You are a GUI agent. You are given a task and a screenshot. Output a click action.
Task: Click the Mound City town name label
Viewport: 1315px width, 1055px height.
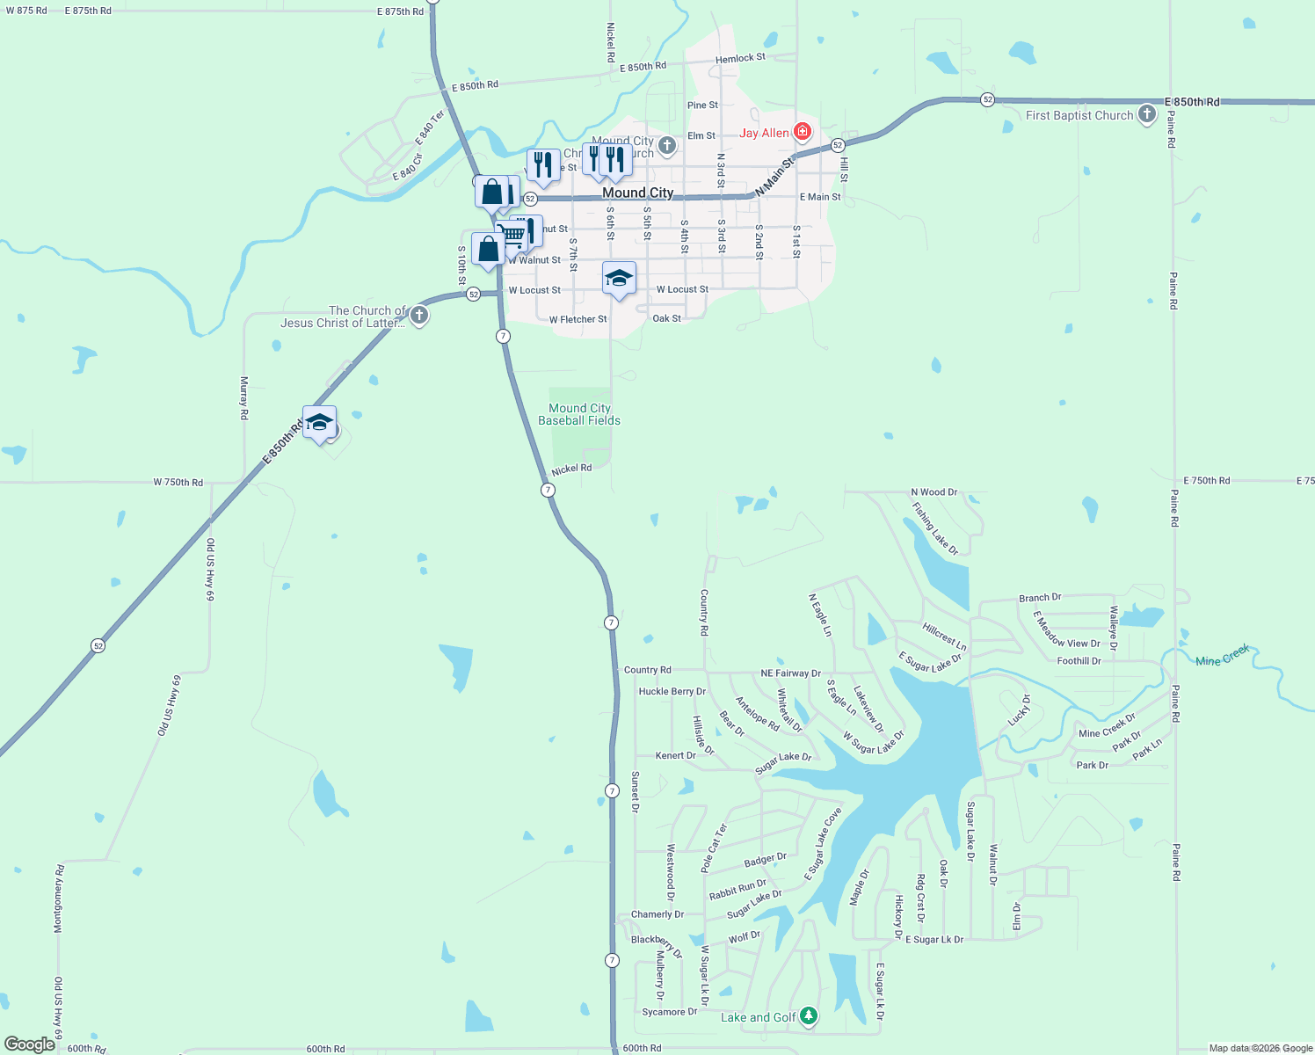pyautogui.click(x=638, y=193)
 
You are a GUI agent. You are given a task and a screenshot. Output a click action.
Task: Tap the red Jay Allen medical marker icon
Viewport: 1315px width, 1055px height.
pyautogui.click(x=802, y=132)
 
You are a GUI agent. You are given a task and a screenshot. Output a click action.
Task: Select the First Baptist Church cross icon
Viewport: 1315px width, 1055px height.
pyautogui.click(x=1147, y=114)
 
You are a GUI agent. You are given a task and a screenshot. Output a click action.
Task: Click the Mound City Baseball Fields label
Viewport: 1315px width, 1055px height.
pyautogui.click(x=579, y=414)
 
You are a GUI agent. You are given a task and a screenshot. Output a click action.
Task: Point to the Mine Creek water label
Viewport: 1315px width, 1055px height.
pyautogui.click(x=1223, y=655)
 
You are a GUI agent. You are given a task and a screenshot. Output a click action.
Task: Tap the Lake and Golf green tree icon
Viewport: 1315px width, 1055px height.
pyautogui.click(x=809, y=1017)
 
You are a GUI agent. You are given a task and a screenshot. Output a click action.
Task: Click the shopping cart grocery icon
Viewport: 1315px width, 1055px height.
pyautogui.click(x=510, y=234)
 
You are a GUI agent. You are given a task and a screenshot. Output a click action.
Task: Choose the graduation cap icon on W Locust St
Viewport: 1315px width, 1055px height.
pyautogui.click(x=619, y=279)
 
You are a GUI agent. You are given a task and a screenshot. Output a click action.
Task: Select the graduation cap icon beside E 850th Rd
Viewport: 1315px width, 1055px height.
pyautogui.click(x=319, y=423)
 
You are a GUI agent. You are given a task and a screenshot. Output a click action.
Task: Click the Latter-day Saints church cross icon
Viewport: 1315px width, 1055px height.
pyautogui.click(x=419, y=316)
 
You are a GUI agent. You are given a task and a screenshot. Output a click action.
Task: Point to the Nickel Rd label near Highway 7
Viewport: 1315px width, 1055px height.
pyautogui.click(x=571, y=469)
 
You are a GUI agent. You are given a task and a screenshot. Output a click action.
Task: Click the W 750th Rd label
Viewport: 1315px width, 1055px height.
pyautogui.click(x=178, y=483)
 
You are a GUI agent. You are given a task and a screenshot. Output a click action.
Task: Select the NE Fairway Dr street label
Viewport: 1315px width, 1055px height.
pyautogui.click(x=790, y=673)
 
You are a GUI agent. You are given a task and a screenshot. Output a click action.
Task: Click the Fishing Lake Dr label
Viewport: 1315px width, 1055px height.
pyautogui.click(x=934, y=528)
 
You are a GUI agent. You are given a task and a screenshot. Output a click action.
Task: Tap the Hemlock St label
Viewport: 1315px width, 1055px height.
pyautogui.click(x=740, y=59)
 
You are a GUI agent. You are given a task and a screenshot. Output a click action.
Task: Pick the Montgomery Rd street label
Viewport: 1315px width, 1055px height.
pyautogui.click(x=59, y=899)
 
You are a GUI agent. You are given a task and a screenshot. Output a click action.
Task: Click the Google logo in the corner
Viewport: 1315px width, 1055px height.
pyautogui.click(x=30, y=1044)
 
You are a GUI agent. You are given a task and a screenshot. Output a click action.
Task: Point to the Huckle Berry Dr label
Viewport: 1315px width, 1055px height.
pyautogui.click(x=672, y=692)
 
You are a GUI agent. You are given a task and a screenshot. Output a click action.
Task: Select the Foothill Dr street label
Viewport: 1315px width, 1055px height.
pyautogui.click(x=1079, y=661)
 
